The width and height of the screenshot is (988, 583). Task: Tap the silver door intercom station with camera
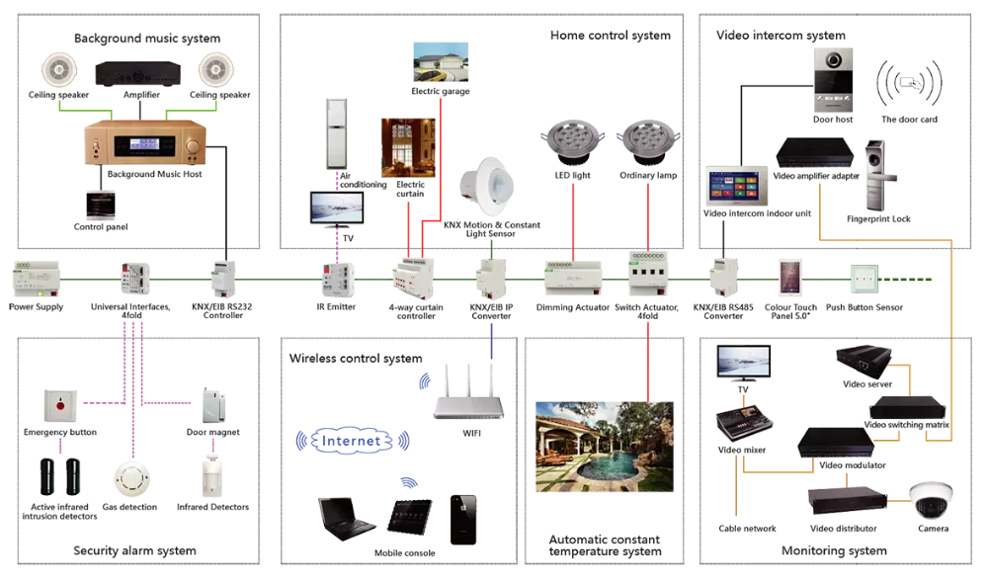click(x=831, y=77)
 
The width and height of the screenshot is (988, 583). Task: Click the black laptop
click(x=345, y=516)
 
